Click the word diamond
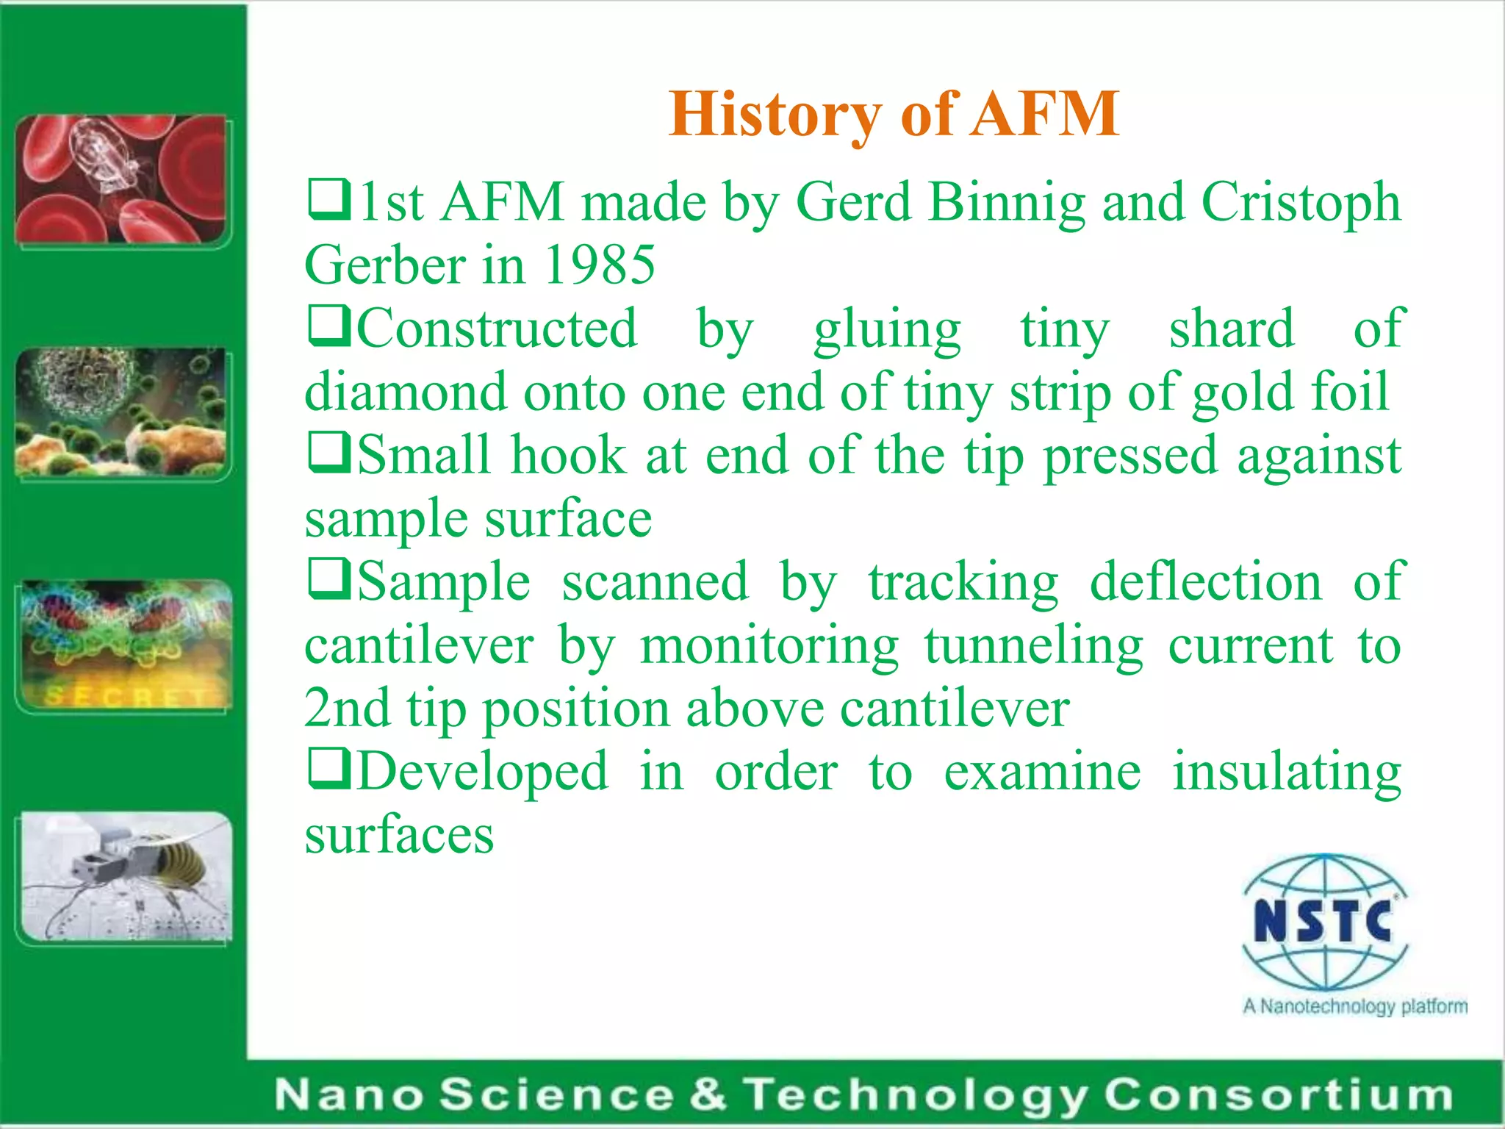point(406,392)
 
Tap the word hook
point(568,455)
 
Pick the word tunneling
point(1033,646)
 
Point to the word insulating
point(1287,773)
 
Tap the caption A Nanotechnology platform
point(1354,1006)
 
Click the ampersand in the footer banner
point(707,1094)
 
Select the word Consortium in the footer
point(1278,1094)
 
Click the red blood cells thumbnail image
point(122,180)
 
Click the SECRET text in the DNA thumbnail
point(125,695)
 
